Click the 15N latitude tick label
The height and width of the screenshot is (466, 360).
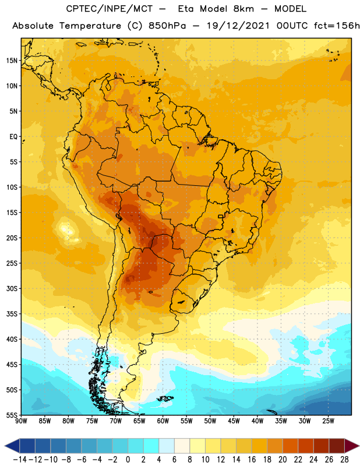coord(12,61)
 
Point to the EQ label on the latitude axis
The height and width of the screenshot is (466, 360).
coord(13,137)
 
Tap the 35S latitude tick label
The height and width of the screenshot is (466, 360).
coord(12,314)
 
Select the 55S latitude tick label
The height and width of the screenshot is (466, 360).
coord(12,415)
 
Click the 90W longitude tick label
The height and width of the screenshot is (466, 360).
coord(21,421)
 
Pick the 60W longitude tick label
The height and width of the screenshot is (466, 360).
coord(163,421)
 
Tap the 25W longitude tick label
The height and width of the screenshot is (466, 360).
coord(328,421)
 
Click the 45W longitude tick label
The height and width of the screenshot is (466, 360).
coord(234,421)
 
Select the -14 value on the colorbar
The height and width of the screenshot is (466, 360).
coord(20,460)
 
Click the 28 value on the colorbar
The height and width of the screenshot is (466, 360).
coord(344,460)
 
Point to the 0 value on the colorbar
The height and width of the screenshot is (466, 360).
coord(128,460)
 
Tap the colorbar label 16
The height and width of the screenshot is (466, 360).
coord(252,460)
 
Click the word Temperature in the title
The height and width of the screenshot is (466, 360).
coord(90,26)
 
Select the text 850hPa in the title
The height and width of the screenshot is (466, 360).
coord(167,26)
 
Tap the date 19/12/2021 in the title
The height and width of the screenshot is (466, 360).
coord(238,26)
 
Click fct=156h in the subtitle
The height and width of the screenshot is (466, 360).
coord(337,26)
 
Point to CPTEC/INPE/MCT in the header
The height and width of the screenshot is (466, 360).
coord(110,9)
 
